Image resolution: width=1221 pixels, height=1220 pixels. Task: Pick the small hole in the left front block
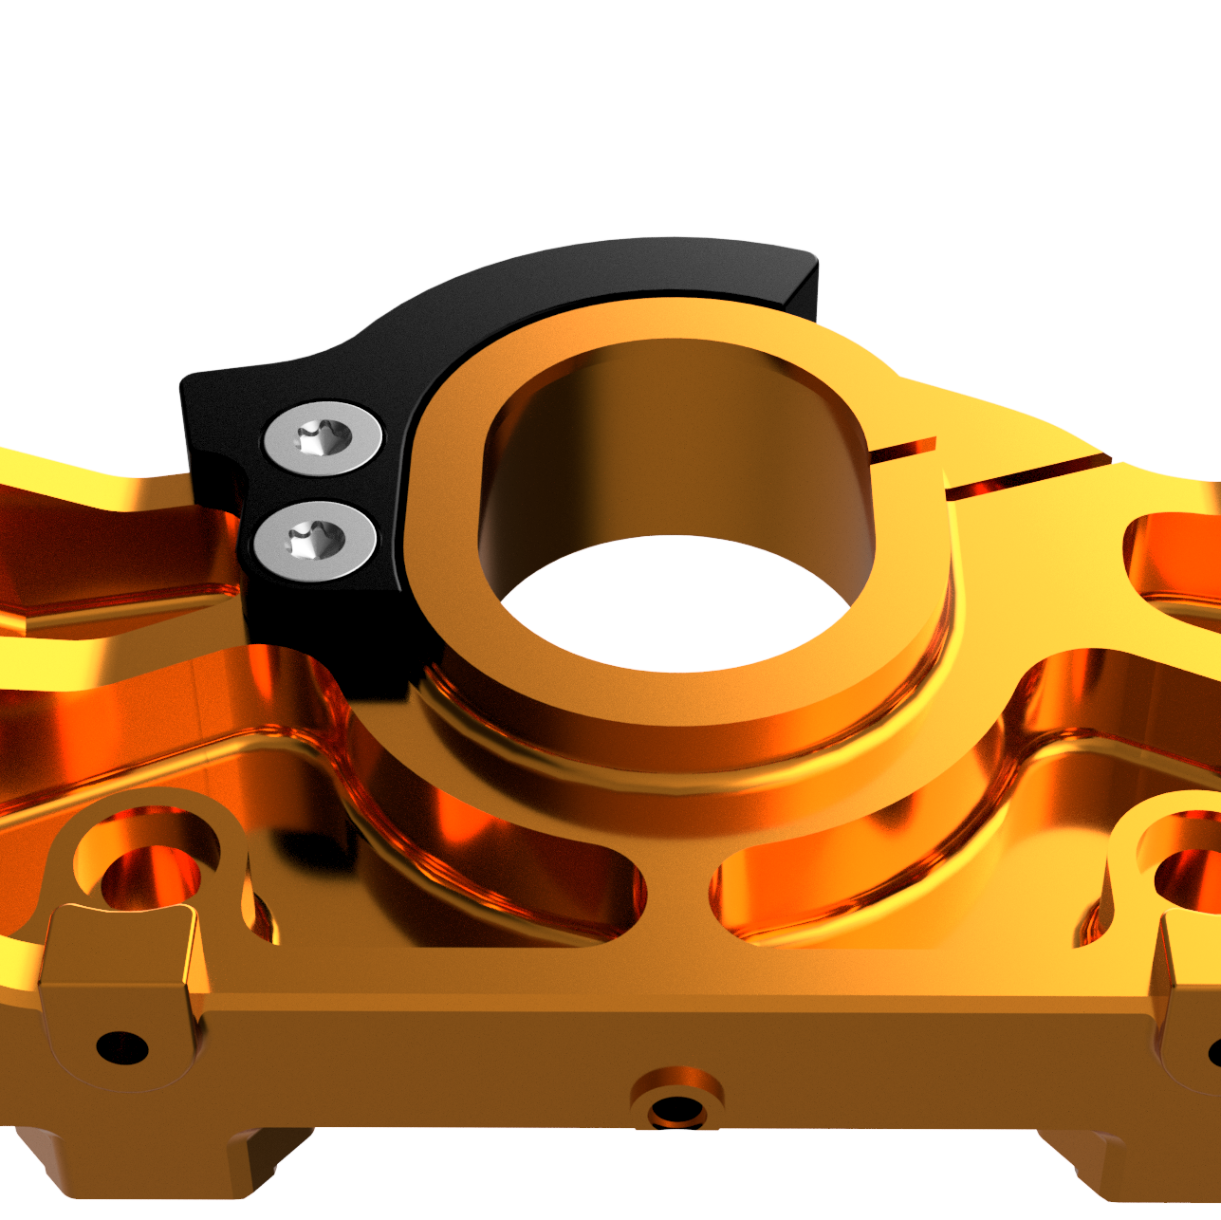pos(122,1048)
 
